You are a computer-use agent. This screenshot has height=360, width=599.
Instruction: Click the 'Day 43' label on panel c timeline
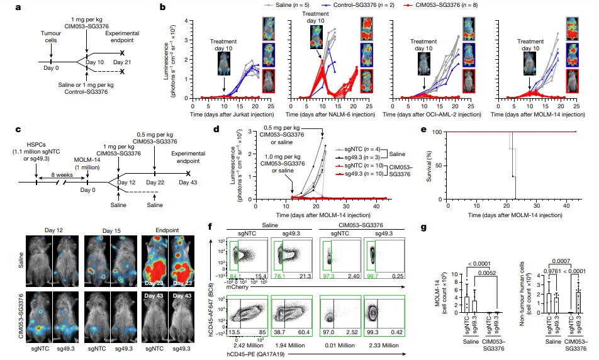tap(188, 182)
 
